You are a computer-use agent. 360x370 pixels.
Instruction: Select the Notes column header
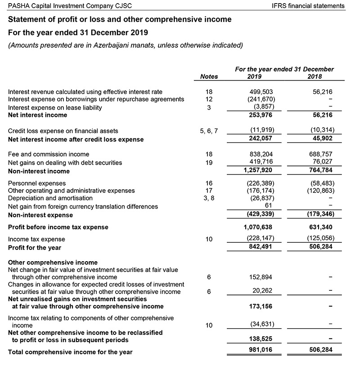[x=209, y=76]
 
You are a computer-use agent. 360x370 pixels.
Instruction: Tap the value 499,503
[x=261, y=92]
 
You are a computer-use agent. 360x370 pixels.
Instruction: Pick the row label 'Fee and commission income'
[x=49, y=154]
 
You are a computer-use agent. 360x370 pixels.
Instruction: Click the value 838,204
[x=261, y=154]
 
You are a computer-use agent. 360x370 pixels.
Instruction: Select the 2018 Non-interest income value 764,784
[x=320, y=171]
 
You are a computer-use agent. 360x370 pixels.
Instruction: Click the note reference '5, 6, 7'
[x=209, y=131]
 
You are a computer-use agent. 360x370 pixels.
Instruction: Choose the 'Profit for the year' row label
[x=35, y=247]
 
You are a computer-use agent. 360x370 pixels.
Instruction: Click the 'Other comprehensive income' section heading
[x=53, y=263]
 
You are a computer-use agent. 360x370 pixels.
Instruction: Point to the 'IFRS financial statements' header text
[x=308, y=6]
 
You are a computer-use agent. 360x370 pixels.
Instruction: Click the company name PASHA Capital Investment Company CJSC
[x=70, y=6]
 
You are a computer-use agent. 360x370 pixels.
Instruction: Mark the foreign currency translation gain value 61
[x=269, y=206]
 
